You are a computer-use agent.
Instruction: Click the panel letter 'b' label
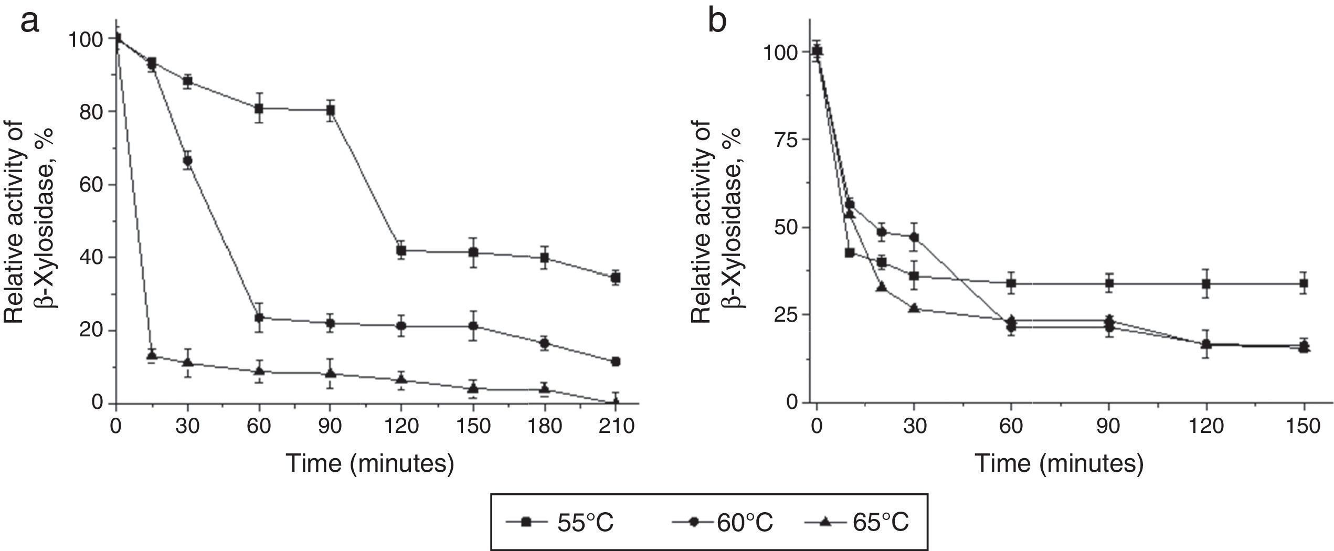point(717,23)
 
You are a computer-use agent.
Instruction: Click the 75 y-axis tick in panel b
point(783,140)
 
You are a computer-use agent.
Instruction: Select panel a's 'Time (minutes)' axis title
point(369,465)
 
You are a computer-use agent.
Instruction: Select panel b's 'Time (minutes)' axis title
point(1058,465)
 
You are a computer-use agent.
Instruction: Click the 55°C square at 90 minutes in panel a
point(331,110)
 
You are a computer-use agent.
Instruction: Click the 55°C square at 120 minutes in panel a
point(401,250)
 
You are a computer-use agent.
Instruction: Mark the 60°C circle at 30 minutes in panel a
point(187,161)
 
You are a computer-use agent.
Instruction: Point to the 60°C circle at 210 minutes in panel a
point(616,362)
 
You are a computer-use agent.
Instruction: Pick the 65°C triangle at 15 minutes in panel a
point(152,355)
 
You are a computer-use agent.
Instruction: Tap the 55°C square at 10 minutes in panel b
point(849,252)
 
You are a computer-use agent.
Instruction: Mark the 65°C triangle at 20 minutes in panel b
point(882,287)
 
